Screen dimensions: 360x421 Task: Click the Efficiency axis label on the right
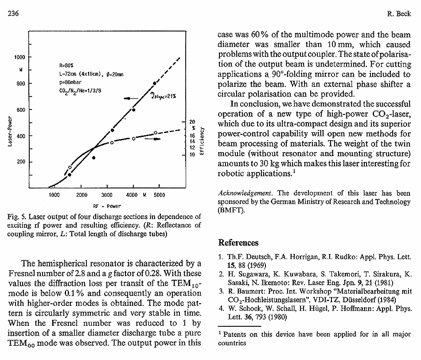coord(202,141)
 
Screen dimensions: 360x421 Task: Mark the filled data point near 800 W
coord(155,83)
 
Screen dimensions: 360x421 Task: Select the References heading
coord(238,243)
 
